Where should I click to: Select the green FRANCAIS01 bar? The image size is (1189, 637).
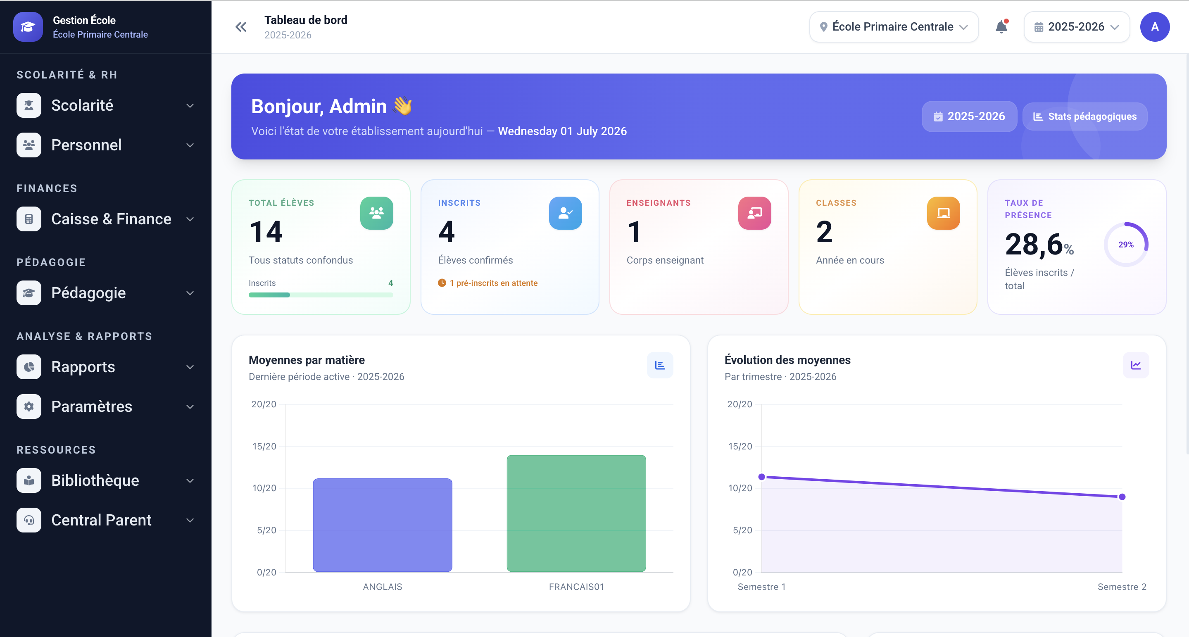576,513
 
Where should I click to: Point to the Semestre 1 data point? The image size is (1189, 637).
761,477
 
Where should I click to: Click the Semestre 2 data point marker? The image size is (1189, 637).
1122,497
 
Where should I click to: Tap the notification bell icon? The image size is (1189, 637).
1001,27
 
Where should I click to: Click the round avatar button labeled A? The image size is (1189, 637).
1154,27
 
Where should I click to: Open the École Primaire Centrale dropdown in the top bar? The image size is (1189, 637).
894,27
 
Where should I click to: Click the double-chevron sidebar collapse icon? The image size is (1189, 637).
241,27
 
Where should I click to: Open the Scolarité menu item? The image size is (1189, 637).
106,105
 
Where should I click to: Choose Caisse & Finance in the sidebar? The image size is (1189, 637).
106,219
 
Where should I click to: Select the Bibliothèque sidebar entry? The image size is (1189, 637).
106,480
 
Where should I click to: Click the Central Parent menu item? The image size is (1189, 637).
106,520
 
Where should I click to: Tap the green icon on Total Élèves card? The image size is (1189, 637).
377,213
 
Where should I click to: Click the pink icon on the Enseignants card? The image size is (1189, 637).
755,213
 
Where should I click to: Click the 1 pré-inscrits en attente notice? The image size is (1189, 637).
488,283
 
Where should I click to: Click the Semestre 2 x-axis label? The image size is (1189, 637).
1122,587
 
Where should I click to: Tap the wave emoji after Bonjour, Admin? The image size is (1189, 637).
403,106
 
